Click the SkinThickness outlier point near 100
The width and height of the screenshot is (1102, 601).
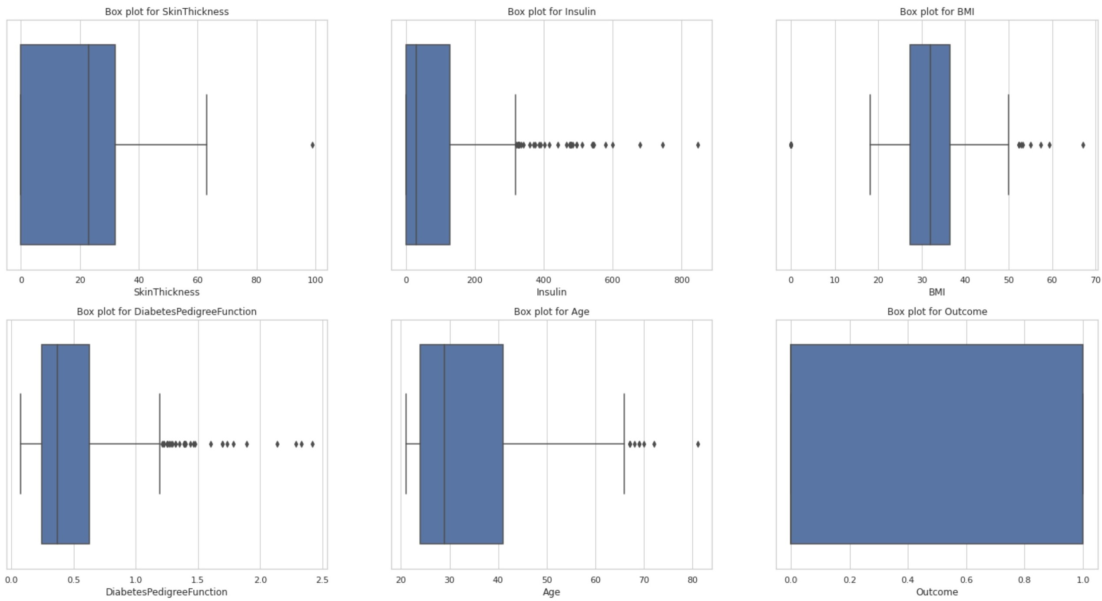point(312,145)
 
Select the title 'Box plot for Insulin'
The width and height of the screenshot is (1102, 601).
point(551,12)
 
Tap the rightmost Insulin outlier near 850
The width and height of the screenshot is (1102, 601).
point(698,145)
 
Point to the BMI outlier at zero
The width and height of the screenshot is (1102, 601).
point(791,145)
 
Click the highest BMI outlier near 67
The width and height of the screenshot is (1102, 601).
point(1083,145)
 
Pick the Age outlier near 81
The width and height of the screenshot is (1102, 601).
point(698,444)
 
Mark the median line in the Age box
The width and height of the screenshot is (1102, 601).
point(444,444)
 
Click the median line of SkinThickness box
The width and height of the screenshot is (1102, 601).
point(89,145)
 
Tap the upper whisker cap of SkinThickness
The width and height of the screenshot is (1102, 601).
point(206,145)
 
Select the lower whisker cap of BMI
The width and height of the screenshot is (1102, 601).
point(870,145)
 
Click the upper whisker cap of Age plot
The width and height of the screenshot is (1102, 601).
point(624,443)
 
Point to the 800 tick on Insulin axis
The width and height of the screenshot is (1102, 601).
point(682,280)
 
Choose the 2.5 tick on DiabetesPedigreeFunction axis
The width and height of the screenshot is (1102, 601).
point(322,580)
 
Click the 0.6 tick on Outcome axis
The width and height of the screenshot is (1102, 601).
point(966,580)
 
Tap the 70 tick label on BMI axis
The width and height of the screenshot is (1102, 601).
point(1095,280)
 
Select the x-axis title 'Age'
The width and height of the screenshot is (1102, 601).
point(551,592)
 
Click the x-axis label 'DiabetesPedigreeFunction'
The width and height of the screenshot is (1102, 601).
point(166,592)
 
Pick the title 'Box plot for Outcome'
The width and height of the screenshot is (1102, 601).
point(937,312)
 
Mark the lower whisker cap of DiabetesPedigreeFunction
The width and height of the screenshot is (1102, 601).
point(20,443)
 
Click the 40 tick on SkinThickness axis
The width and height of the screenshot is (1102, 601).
point(139,280)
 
